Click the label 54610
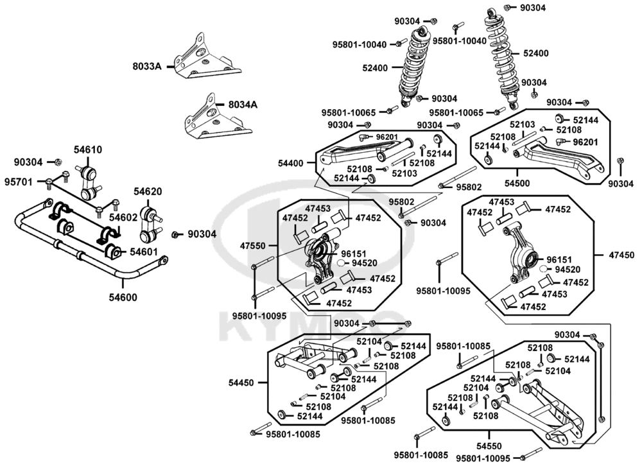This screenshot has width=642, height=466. [87, 150]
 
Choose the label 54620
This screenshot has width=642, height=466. [148, 191]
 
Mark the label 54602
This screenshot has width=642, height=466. [123, 218]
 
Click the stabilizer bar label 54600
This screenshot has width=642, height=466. [122, 297]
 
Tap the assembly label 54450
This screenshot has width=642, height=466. [241, 383]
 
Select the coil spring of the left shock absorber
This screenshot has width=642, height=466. [411, 71]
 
